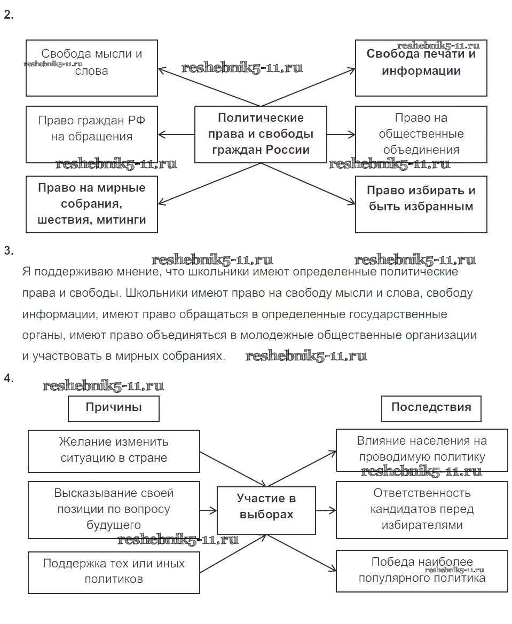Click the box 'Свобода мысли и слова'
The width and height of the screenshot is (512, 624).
click(x=92, y=67)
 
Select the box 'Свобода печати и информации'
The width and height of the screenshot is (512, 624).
click(x=421, y=67)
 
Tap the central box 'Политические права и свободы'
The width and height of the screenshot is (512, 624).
click(x=261, y=134)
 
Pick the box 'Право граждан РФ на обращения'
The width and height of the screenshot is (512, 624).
click(x=92, y=134)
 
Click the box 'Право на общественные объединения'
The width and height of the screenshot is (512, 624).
click(x=421, y=134)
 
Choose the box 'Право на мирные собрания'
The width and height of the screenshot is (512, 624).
click(x=92, y=204)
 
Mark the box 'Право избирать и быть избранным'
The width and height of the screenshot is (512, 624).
click(x=421, y=204)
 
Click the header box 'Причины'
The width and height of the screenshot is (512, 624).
click(x=114, y=408)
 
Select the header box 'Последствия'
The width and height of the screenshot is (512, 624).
click(x=431, y=408)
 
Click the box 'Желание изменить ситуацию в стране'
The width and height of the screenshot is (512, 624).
click(x=114, y=451)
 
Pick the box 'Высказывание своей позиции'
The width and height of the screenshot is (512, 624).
click(x=114, y=509)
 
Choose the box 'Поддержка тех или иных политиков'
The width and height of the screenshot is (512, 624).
click(x=114, y=572)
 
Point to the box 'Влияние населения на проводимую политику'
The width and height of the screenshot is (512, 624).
click(x=422, y=449)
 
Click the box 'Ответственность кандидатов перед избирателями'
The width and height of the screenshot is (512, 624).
click(x=422, y=509)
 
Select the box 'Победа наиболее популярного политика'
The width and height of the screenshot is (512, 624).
click(x=422, y=570)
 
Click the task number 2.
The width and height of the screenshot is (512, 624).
click(x=8, y=15)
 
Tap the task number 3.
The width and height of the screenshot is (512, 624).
click(x=8, y=251)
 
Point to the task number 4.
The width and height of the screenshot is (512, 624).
click(x=8, y=378)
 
